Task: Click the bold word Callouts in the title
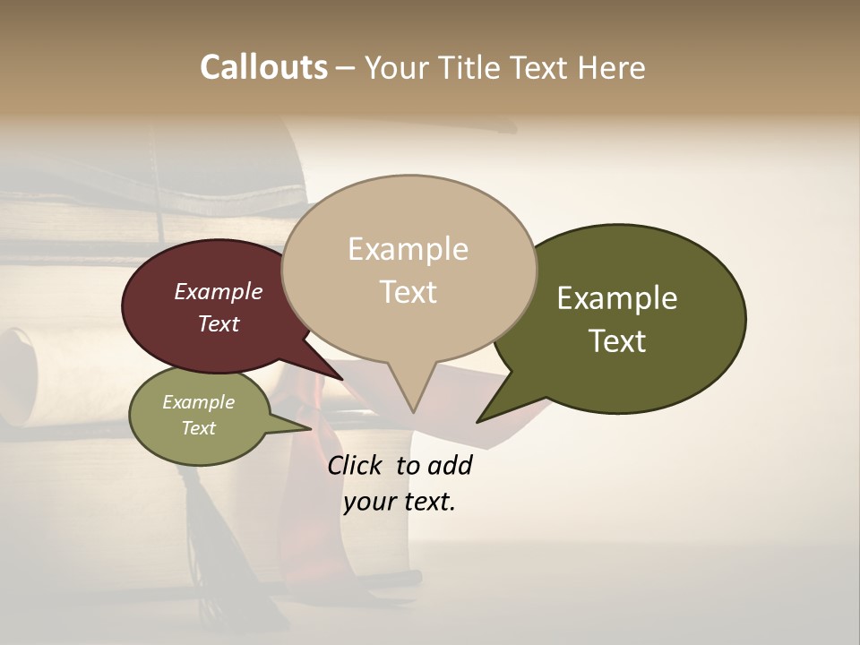[x=263, y=67]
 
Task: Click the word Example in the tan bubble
[x=408, y=249]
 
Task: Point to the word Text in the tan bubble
[x=408, y=292]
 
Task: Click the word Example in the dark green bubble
[x=617, y=298]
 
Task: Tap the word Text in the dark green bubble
[x=617, y=341]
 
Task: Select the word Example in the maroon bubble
[x=218, y=292]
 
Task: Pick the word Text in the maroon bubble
[x=218, y=324]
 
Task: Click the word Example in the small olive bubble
[x=198, y=402]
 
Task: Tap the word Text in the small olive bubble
[x=198, y=428]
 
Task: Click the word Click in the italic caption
[x=356, y=465]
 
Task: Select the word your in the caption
[x=368, y=502]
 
